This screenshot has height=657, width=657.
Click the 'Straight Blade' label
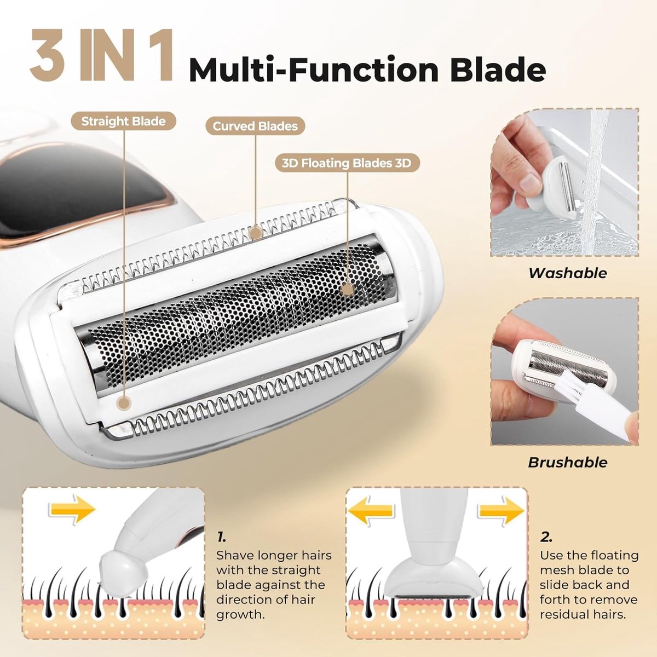coord(123,121)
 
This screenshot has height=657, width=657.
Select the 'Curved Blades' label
coord(255,126)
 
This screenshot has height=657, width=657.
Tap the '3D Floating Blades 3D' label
coord(346,163)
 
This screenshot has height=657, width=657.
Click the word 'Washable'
coord(568,273)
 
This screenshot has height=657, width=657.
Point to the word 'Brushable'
coord(568,462)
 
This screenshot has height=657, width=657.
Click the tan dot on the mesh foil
coord(347,289)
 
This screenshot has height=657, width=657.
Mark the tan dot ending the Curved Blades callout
coord(256,233)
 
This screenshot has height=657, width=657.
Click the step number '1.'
coord(222,537)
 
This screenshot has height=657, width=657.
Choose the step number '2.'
coord(546,537)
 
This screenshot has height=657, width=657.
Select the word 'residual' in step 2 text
coord(563,614)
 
